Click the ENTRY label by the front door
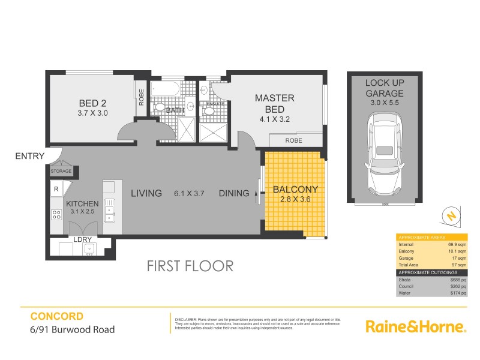30,156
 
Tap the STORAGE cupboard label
61,172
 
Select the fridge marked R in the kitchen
56,188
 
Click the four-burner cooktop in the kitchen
57,214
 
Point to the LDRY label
82,239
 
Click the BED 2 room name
92,101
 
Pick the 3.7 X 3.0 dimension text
92,112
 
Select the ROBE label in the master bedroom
293,140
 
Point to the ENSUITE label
215,104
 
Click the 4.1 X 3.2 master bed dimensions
274,119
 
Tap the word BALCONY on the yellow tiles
295,190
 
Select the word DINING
234,193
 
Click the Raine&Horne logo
416,326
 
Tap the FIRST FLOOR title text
190,266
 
